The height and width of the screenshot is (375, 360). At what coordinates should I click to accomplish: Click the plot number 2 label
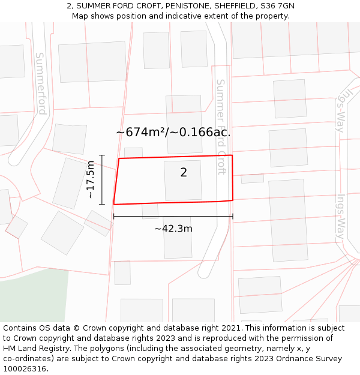[184, 173]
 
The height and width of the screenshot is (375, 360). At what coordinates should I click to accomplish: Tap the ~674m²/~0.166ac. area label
[173, 132]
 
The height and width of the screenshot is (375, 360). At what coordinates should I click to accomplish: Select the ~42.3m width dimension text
[173, 229]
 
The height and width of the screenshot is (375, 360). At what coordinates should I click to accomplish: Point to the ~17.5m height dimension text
[90, 179]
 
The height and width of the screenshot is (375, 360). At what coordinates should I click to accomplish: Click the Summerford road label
[41, 83]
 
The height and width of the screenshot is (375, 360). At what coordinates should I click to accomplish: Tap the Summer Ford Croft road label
[221, 127]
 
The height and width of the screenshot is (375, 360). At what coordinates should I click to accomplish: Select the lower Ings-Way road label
[340, 217]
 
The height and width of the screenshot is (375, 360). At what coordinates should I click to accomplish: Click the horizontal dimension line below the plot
[173, 216]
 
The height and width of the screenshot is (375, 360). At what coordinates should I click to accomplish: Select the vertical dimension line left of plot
[102, 179]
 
